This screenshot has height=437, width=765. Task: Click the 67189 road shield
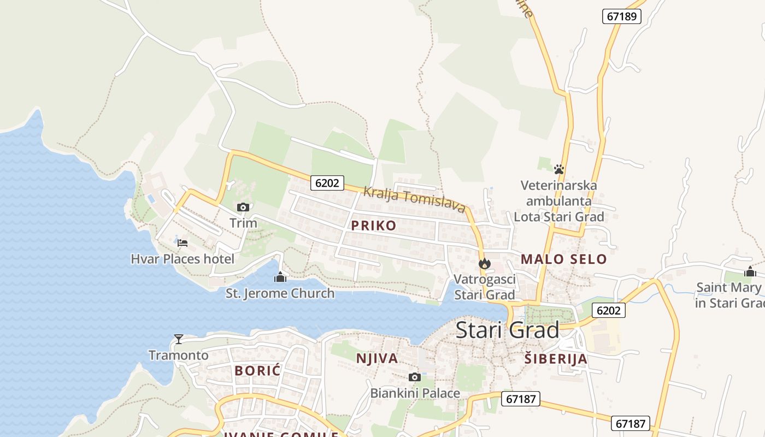622,16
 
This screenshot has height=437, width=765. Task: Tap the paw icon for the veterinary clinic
558,169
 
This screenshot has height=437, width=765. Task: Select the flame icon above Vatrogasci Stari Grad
484,264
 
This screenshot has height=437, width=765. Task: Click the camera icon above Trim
243,207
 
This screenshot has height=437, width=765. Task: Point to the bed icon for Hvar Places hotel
183,243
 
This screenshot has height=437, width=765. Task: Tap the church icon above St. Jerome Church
280,277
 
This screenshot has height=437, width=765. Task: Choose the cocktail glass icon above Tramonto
178,339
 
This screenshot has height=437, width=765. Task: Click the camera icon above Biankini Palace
415,377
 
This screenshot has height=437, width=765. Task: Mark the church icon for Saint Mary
750,271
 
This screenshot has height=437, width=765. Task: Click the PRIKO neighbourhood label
374,226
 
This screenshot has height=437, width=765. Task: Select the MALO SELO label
563,259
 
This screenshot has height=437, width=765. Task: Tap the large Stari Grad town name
508,330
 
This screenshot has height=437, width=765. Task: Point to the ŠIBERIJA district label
556,359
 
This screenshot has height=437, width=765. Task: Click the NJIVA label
377,358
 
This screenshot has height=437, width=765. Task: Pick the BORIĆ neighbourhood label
257,370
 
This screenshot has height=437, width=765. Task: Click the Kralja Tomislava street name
414,200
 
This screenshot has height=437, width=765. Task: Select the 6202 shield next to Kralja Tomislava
327,183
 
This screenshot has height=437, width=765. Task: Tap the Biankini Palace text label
415,393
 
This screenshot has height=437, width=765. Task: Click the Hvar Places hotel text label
183,259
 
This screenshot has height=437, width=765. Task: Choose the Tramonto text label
179,356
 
